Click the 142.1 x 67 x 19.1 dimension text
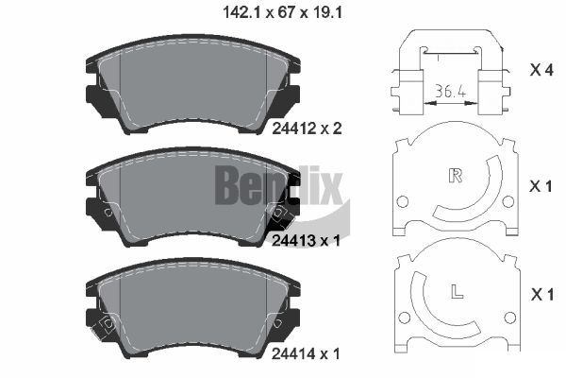[x=283, y=13]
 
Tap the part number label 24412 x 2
[x=307, y=129]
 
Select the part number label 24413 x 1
[x=306, y=240]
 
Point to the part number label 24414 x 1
[x=306, y=353]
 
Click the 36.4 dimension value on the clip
[x=450, y=91]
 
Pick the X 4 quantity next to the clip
[x=541, y=70]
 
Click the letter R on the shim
[x=456, y=176]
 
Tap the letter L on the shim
[x=457, y=291]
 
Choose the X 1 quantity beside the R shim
[x=541, y=187]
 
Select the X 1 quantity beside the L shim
[x=542, y=295]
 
